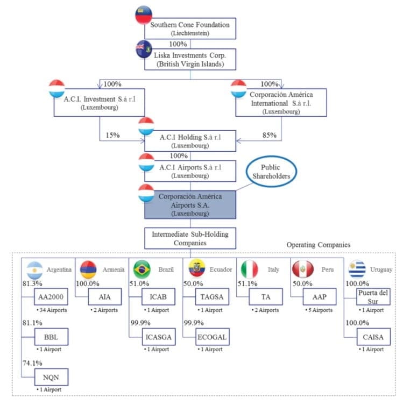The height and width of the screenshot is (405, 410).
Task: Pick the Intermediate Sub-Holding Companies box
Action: click(190, 238)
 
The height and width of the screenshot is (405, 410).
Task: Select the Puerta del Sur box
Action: click(373, 296)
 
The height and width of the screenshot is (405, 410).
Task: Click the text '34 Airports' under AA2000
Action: click(50, 311)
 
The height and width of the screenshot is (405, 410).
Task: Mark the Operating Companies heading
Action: click(318, 245)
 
